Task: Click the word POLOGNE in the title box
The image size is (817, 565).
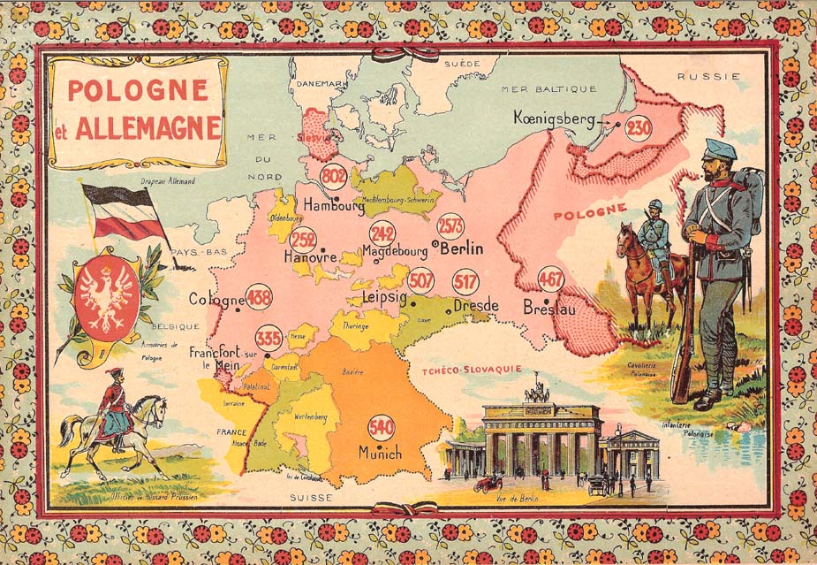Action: tap(138, 90)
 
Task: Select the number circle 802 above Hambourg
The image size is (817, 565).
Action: tap(334, 176)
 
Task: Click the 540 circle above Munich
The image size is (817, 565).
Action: tap(381, 427)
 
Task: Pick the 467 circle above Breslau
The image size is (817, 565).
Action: tap(550, 279)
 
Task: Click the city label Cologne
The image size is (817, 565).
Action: tap(216, 300)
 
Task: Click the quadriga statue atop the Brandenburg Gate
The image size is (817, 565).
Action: tap(537, 390)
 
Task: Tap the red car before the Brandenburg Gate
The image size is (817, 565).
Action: tap(488, 483)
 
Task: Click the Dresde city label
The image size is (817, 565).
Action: tap(476, 306)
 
